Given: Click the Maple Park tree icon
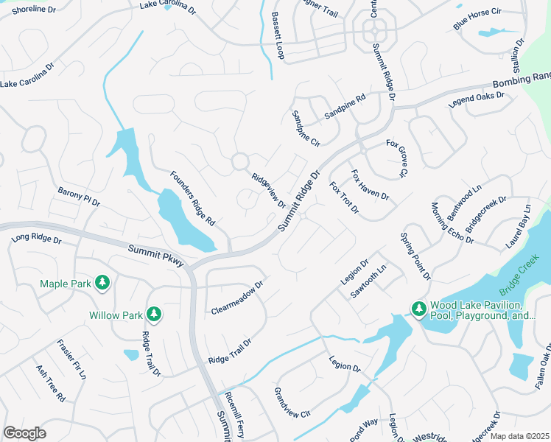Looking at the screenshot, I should [102, 282].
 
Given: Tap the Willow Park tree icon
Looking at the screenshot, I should [154, 315].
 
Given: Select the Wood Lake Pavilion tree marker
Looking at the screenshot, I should [418, 309].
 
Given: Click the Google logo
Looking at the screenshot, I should [24, 433].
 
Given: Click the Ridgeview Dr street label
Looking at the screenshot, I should [268, 190].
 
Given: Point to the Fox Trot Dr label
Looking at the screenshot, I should [344, 198].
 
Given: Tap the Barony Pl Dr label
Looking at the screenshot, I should [79, 196].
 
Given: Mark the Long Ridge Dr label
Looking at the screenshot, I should [37, 239].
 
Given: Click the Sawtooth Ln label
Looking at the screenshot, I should [368, 281].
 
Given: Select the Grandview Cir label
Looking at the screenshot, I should [292, 402].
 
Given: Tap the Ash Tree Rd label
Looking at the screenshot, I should [50, 382].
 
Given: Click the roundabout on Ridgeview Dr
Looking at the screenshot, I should [239, 161].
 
